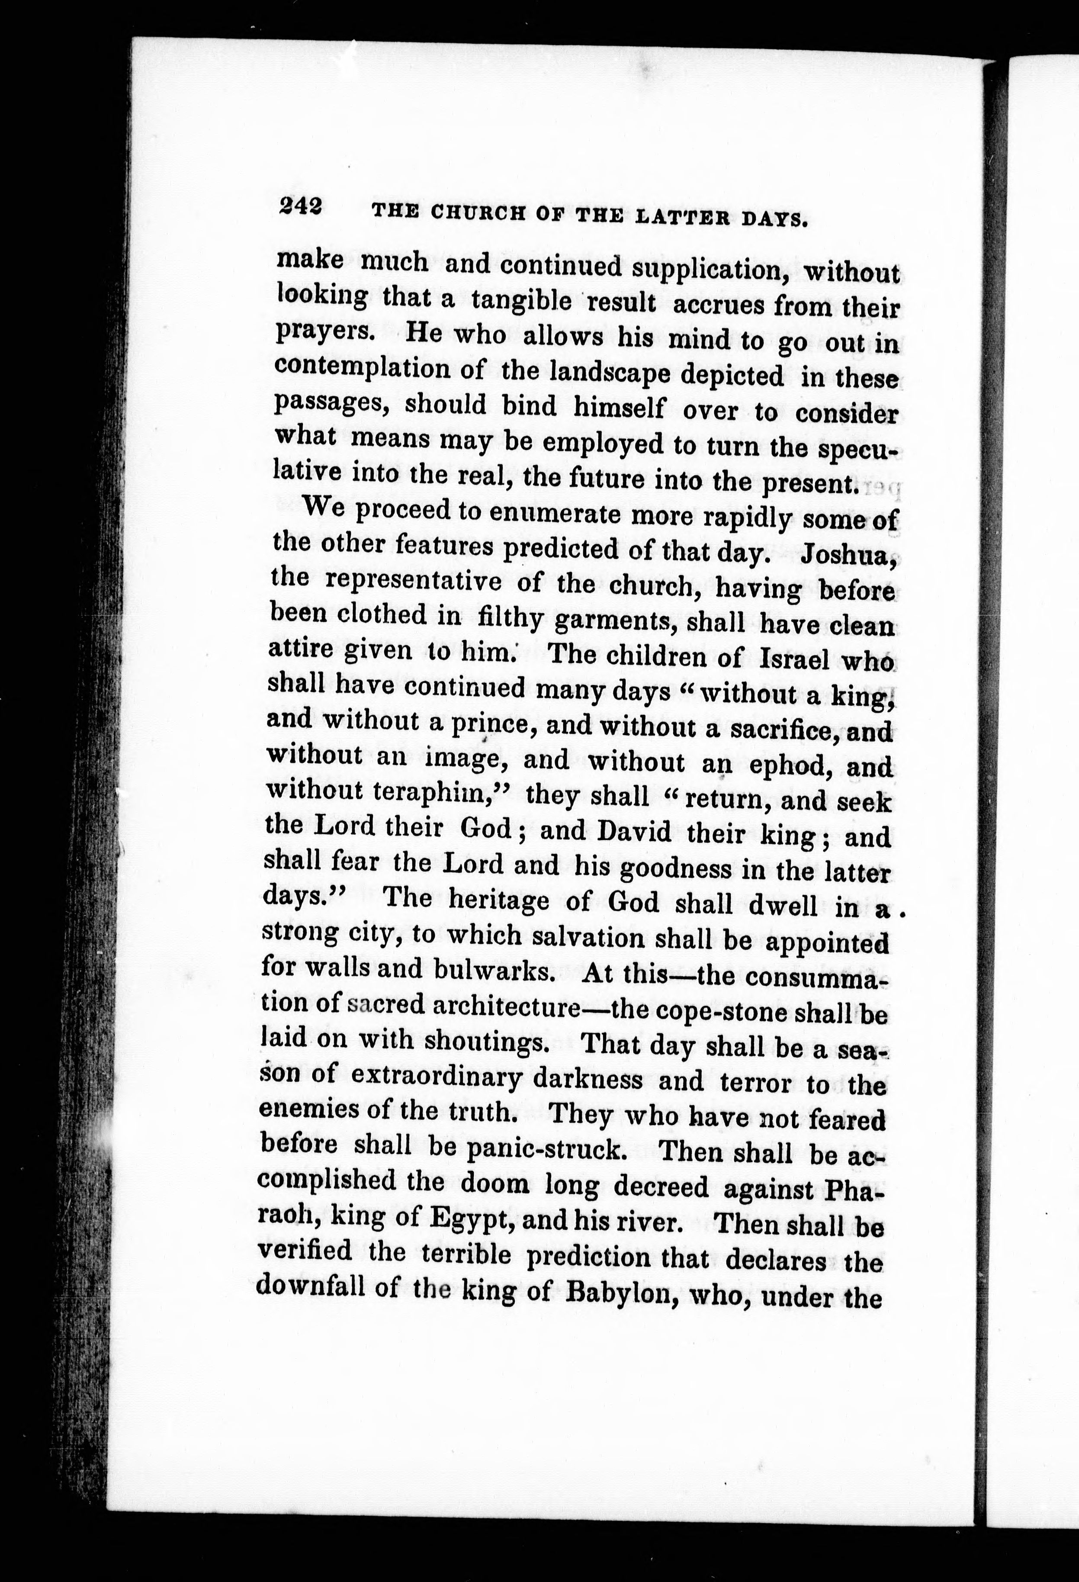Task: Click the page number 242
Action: [299, 206]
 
